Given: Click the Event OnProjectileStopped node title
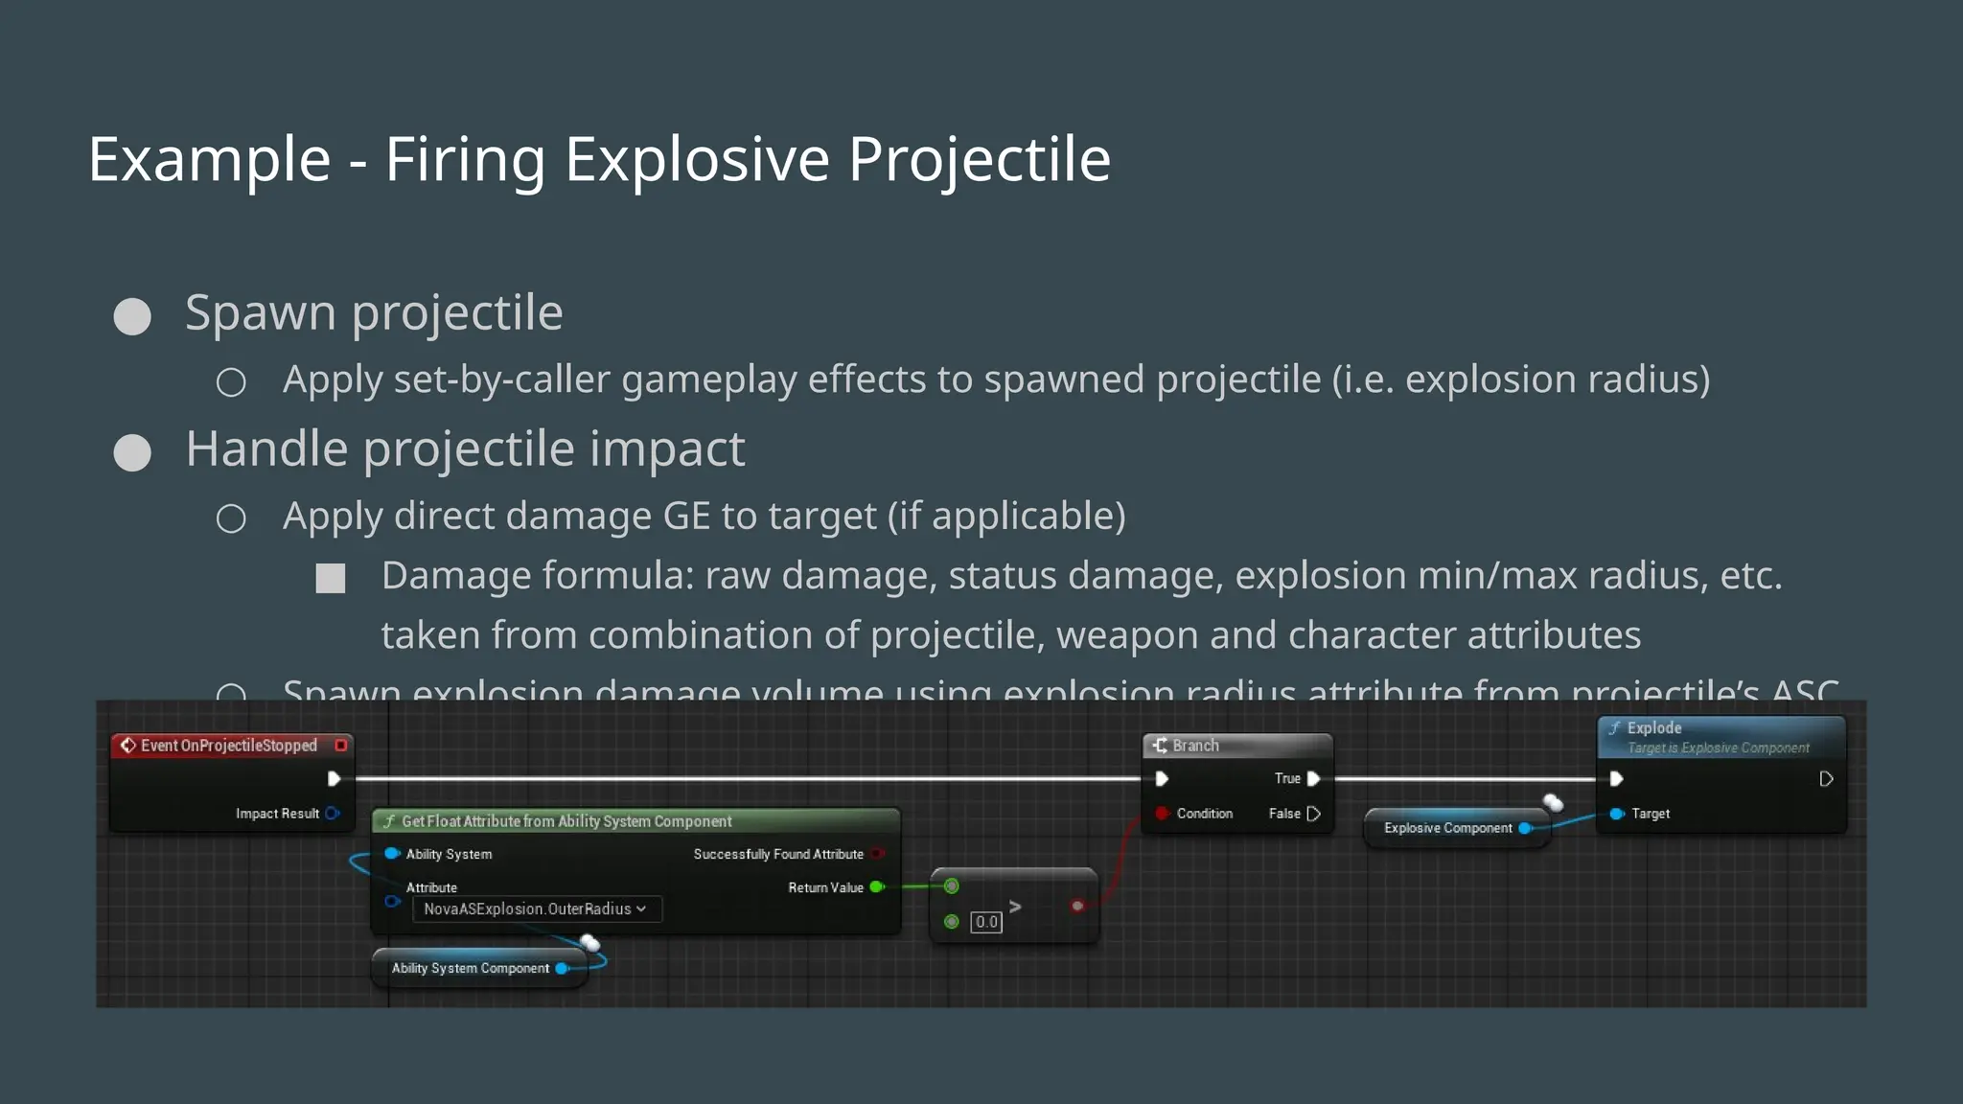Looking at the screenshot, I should click(228, 746).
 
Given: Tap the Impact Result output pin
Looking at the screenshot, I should click(332, 814).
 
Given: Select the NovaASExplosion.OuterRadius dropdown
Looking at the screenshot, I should click(536, 908).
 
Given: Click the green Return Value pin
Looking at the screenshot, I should click(876, 887).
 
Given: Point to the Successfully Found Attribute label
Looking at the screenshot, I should click(778, 854).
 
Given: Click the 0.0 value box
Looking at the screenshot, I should click(986, 922).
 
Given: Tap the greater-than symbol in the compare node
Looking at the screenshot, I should click(1015, 907).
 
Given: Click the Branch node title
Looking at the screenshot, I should click(1195, 746).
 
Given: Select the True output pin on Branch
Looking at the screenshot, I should click(1313, 779).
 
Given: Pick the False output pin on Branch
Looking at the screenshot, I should click(1313, 814).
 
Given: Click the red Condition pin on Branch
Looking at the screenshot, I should click(1162, 814).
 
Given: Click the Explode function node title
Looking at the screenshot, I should click(1654, 728).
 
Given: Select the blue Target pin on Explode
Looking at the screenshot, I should click(1616, 814).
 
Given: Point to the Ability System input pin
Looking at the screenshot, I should click(391, 854).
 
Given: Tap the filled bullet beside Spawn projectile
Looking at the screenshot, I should click(132, 316).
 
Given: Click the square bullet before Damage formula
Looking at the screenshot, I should click(331, 578).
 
